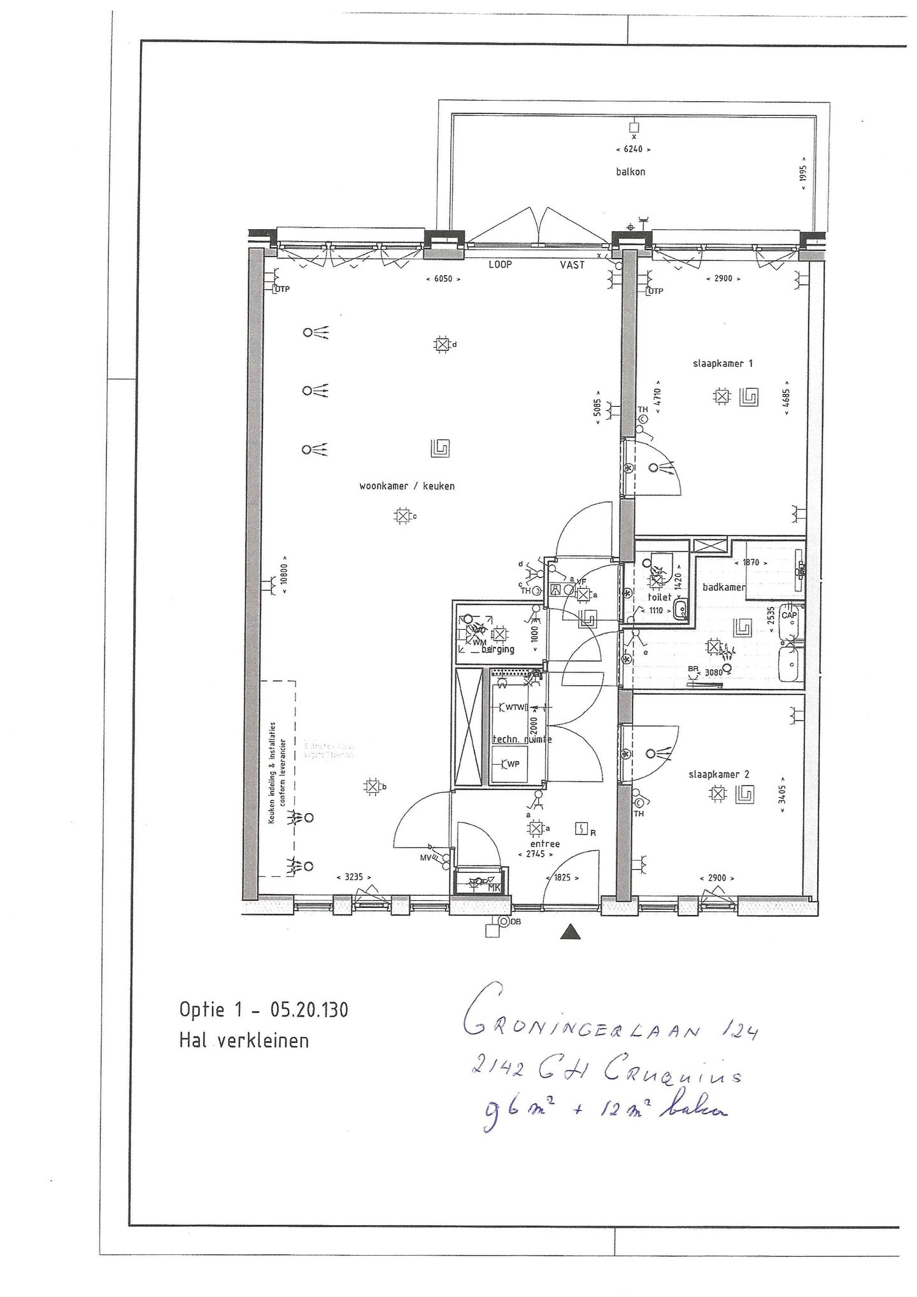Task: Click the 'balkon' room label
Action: tap(630, 171)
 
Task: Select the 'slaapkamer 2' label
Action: tap(718, 774)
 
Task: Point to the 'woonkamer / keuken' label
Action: tap(407, 486)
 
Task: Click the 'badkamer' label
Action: tap(723, 587)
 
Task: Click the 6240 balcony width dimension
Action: tap(633, 150)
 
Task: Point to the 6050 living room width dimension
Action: tap(443, 279)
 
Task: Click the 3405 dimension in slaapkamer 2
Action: tap(783, 794)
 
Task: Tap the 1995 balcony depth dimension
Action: tap(804, 170)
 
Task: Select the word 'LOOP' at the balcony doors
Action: tap(501, 265)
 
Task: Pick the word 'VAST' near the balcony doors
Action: tap(572, 265)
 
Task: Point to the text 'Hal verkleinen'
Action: tap(244, 1040)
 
